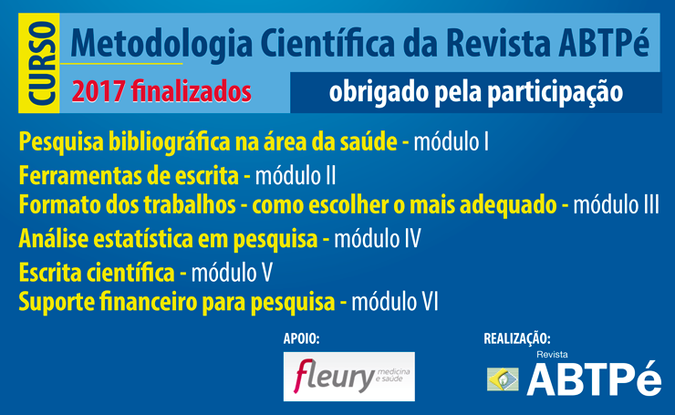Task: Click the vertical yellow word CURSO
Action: tap(42, 63)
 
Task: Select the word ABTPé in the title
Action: tap(604, 42)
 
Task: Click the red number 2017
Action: tap(99, 91)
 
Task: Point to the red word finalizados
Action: tap(192, 91)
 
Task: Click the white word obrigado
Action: tap(379, 92)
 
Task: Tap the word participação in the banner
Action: tap(555, 93)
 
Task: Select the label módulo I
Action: tap(452, 141)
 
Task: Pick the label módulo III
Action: tap(616, 204)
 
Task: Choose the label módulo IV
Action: tap(378, 238)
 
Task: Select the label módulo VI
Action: tap(395, 301)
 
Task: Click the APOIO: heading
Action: tap(301, 338)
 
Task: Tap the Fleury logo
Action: tap(349, 377)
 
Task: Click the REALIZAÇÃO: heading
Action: tap(517, 338)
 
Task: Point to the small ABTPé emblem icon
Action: tap(503, 379)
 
